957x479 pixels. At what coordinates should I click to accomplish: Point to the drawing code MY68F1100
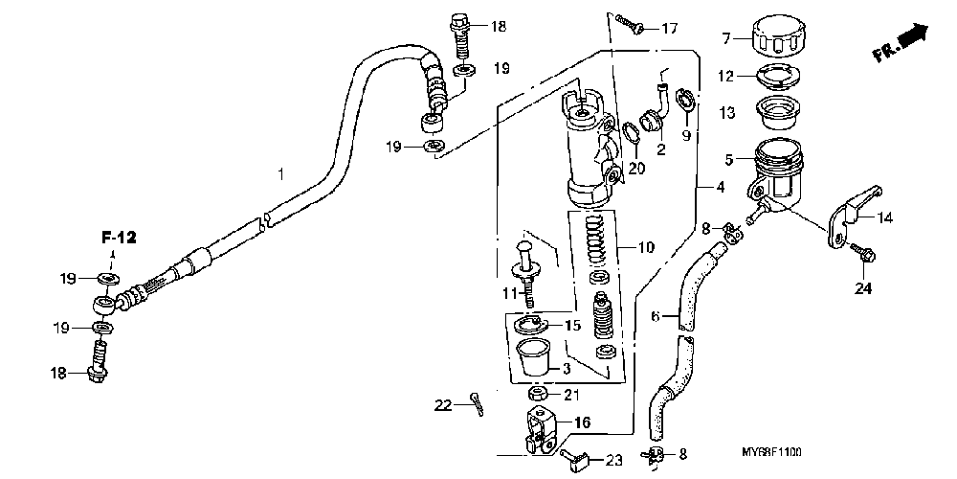[x=772, y=450]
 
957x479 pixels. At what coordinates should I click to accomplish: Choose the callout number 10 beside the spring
[x=647, y=248]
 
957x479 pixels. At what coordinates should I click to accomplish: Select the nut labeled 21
[x=538, y=395]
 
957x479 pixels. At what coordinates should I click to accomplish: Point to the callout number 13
[x=726, y=113]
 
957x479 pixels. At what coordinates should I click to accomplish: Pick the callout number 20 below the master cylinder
[x=637, y=168]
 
